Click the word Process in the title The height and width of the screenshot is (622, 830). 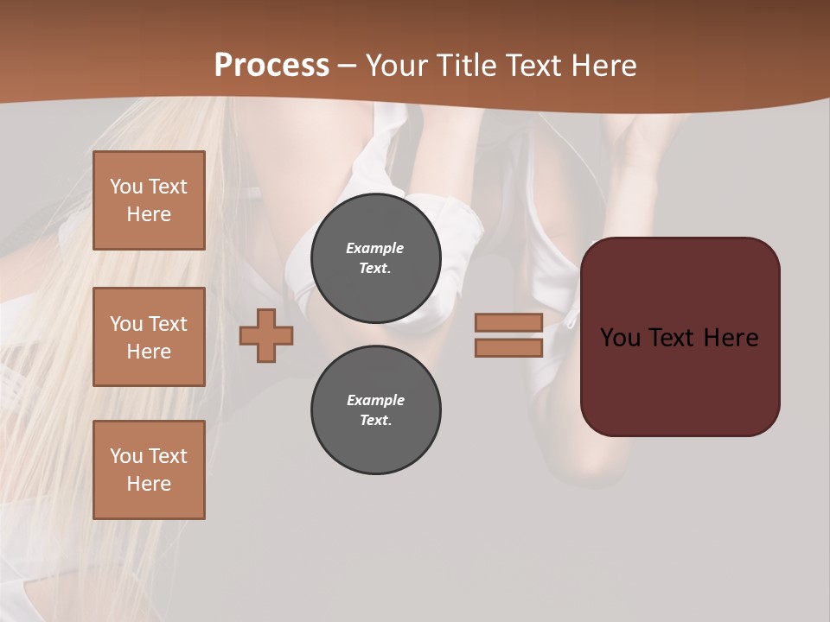click(x=271, y=66)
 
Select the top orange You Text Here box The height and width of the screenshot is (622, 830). click(x=149, y=200)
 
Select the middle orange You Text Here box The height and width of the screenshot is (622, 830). click(x=149, y=337)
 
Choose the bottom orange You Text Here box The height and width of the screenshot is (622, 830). click(x=149, y=470)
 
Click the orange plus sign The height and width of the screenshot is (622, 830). click(x=266, y=335)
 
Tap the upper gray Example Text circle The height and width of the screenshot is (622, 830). click(x=375, y=258)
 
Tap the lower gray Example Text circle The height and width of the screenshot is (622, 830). click(x=375, y=410)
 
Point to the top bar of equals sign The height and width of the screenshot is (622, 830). click(x=508, y=322)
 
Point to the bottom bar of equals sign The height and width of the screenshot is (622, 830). click(x=508, y=348)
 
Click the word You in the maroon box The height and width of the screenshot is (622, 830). click(x=621, y=338)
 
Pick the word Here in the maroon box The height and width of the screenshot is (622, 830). click(x=731, y=338)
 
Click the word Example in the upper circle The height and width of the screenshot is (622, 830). click(x=375, y=248)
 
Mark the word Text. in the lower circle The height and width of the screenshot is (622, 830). click(x=375, y=421)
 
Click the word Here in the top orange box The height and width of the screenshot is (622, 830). click(x=149, y=214)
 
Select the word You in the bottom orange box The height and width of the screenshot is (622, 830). click(x=126, y=456)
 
